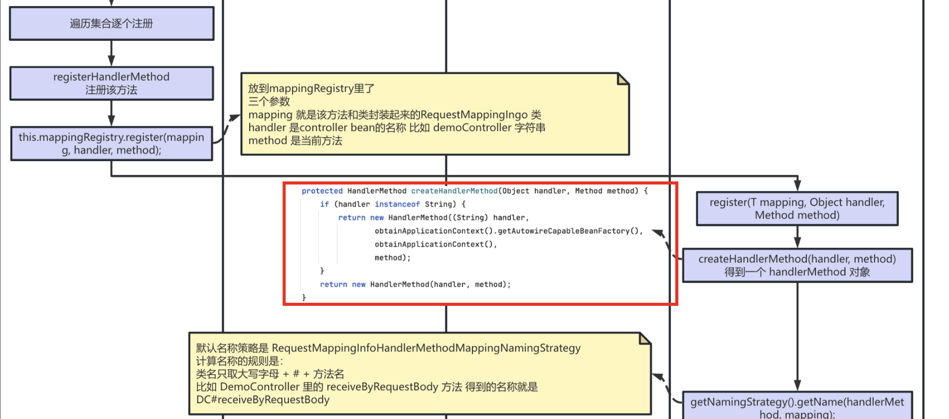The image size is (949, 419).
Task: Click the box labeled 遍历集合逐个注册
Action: click(112, 23)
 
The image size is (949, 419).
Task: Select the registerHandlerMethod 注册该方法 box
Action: click(112, 83)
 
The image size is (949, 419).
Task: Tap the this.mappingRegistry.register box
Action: click(112, 144)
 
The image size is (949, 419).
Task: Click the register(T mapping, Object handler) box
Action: click(797, 208)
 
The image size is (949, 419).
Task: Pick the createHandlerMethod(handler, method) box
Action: click(797, 265)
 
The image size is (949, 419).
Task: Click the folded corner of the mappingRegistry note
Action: click(623, 79)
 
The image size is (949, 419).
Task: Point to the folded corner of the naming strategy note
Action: click(645, 338)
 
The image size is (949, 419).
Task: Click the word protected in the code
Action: click(322, 191)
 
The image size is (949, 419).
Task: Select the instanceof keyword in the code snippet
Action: click(397, 204)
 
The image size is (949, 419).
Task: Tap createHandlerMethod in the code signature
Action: click(454, 191)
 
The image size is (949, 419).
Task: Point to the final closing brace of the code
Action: click(304, 297)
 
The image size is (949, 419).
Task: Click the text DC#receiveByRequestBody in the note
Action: click(262, 400)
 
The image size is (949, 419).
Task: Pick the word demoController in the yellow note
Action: click(472, 127)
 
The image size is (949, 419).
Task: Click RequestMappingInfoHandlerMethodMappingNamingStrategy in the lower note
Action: click(426, 348)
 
